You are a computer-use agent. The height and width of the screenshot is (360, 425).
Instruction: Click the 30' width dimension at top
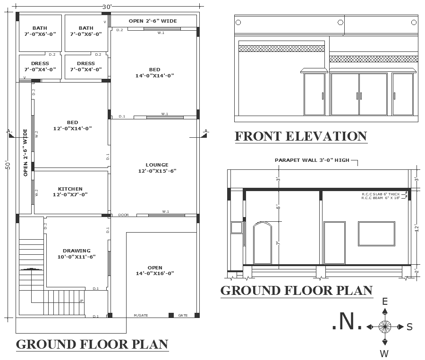click(107, 7)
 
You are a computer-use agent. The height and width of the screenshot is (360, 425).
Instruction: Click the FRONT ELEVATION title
click(301, 136)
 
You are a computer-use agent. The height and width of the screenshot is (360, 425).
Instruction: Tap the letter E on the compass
click(385, 301)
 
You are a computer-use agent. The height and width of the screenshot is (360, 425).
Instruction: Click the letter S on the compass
click(409, 327)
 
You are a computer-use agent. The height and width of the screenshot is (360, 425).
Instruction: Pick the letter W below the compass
click(385, 353)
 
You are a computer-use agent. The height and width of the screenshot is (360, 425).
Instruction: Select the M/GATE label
click(141, 315)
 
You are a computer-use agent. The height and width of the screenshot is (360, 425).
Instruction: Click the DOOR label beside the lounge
click(123, 215)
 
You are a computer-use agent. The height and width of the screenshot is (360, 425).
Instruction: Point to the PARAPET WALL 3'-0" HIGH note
click(312, 160)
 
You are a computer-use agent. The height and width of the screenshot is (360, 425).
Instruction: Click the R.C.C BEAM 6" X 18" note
click(381, 198)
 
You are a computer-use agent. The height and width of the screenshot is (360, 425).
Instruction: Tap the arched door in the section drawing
click(263, 243)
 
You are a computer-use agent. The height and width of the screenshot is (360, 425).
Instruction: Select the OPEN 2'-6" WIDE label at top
click(153, 21)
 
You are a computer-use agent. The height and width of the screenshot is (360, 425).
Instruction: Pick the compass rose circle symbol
click(385, 327)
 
